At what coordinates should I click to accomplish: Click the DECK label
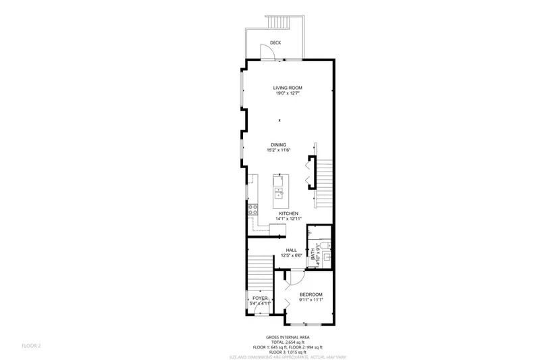point(275,43)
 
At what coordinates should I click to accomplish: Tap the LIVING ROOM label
point(287,88)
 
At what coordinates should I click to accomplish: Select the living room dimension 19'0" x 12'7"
point(287,94)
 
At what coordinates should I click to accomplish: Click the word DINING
point(279,145)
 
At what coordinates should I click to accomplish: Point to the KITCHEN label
point(289,213)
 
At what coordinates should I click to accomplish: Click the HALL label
point(292,250)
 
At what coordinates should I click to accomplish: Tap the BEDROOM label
point(311,294)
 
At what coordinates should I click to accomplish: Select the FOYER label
point(261,298)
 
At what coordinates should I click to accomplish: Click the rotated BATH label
point(313,252)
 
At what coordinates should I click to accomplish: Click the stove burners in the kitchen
point(253,209)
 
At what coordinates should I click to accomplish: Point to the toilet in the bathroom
point(325,244)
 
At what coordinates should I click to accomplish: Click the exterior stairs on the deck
point(279,23)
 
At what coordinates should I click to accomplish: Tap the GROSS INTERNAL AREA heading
point(288,336)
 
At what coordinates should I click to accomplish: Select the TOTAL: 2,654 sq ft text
point(288,341)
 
